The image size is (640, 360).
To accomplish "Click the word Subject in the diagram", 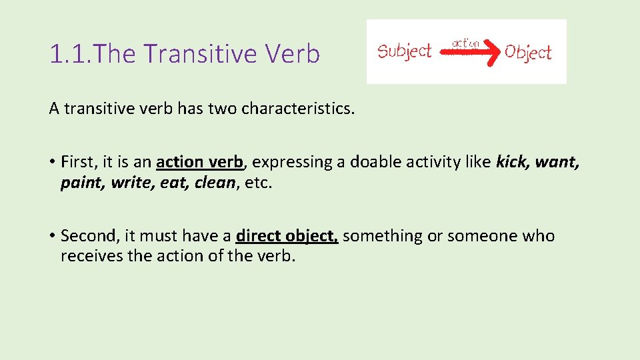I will click(405, 51).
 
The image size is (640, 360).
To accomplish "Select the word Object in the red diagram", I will click(528, 52).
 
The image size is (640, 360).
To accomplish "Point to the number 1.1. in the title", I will click(71, 54).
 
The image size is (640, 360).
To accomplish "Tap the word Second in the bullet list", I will click(87, 236).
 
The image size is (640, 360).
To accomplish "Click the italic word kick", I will click(512, 162).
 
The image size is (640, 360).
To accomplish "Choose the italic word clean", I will click(215, 183).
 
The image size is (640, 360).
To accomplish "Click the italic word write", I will click(131, 183).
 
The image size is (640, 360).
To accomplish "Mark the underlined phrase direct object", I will click(287, 236).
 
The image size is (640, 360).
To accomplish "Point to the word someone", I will click(481, 236).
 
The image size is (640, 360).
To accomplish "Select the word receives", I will click(86, 256).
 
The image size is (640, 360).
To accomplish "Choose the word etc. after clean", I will click(259, 183).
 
